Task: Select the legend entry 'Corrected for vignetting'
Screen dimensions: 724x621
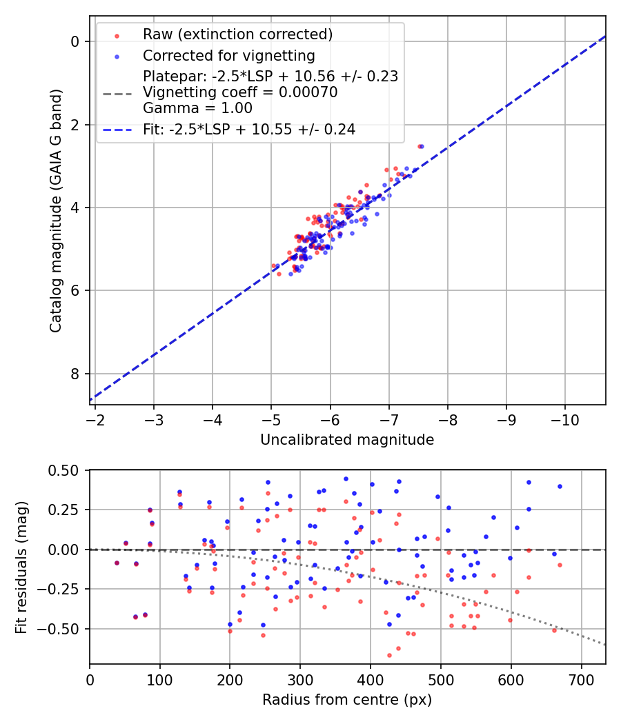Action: coord(228,56)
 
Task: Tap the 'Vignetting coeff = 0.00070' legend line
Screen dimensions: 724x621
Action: coord(240,92)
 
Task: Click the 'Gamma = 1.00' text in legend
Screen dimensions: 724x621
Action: coord(197,108)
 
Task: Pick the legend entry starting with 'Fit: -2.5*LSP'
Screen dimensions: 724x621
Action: coord(249,129)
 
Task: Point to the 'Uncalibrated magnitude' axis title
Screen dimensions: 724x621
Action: coord(347,440)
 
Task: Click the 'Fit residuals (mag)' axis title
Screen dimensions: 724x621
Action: coord(21,567)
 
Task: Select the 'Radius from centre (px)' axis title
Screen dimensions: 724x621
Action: coord(347,700)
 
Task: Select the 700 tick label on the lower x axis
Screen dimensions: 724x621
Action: coord(581,681)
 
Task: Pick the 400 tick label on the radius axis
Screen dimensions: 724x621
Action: coord(371,681)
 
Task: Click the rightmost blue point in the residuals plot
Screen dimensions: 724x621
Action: coord(560,486)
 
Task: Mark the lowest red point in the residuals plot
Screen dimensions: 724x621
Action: coord(389,655)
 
